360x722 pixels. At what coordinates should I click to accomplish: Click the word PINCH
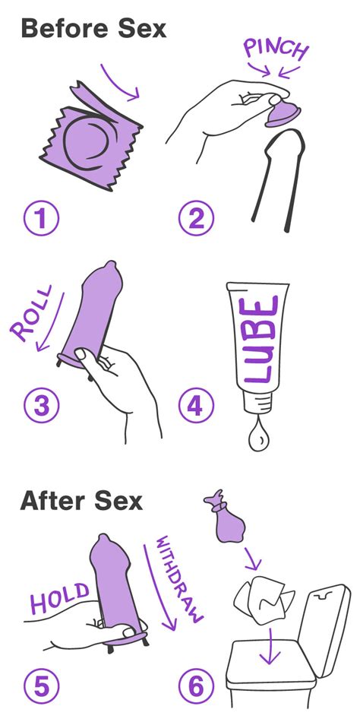point(275,50)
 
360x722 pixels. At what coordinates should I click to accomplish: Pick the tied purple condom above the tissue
point(229,524)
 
